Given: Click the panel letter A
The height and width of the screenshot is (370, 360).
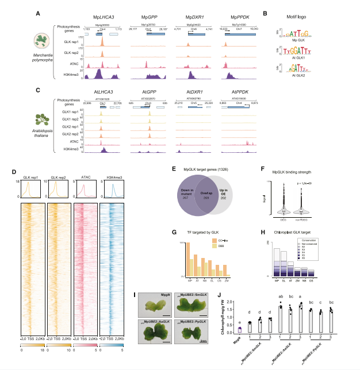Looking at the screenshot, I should coord(38,13).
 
